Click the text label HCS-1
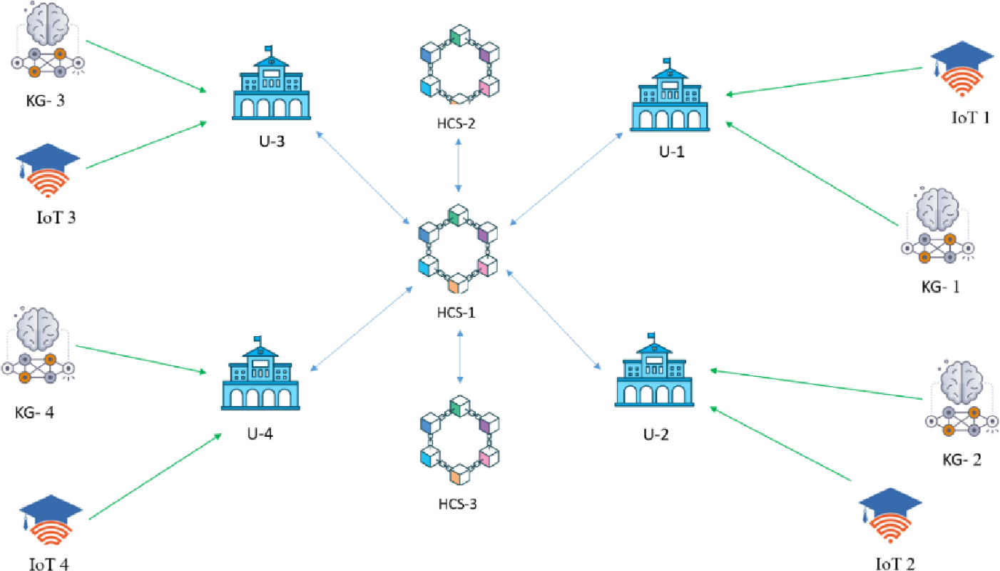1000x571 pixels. coord(458,312)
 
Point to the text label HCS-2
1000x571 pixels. coord(457,123)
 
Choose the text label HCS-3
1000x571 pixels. coord(457,504)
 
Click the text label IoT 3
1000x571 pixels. coord(56,218)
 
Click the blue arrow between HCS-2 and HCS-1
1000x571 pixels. coord(458,166)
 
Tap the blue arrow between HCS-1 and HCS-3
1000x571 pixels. coord(460,355)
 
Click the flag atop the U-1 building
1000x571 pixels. coord(668,61)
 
